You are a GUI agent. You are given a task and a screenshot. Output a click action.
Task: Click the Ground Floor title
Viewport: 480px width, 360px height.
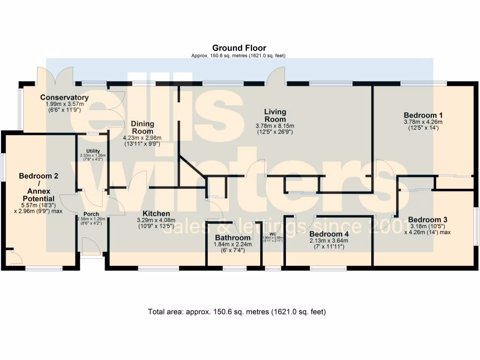[239, 48]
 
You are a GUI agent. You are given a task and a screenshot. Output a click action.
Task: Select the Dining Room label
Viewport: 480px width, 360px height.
[142, 127]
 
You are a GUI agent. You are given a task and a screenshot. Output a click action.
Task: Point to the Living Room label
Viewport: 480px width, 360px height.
[275, 115]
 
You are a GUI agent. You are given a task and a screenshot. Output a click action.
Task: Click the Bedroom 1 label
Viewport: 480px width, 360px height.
[423, 115]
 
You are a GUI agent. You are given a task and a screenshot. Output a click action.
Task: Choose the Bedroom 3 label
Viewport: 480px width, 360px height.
[427, 219]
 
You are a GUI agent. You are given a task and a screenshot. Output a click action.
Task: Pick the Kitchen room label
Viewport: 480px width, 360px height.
[153, 214]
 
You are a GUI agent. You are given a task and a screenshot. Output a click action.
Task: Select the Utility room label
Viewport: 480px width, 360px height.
[93, 150]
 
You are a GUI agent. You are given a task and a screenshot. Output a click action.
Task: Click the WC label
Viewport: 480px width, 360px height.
[273, 234]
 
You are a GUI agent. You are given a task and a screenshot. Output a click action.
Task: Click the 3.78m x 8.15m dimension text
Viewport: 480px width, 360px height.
[275, 126]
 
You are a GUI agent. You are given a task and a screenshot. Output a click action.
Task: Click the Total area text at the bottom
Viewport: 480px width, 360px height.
[237, 311]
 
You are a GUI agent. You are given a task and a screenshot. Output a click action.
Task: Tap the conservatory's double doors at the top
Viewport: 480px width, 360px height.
[55, 76]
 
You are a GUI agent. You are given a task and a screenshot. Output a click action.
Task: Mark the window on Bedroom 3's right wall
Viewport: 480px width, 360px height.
[476, 226]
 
